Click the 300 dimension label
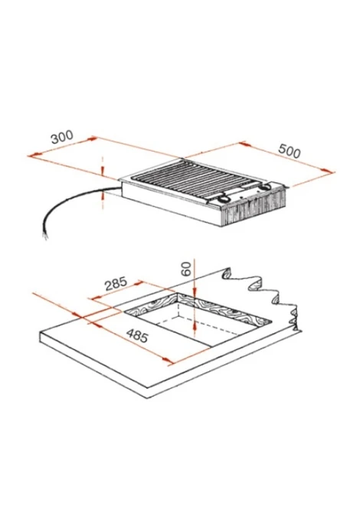[x=62, y=137]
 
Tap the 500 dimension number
[x=290, y=151]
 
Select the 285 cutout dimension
[x=116, y=283]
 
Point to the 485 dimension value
[x=137, y=335]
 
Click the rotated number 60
[x=186, y=270]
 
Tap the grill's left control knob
[x=224, y=198]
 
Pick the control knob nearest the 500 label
[x=264, y=188]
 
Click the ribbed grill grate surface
[x=193, y=180]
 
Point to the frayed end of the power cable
[x=46, y=236]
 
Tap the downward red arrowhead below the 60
[x=195, y=292]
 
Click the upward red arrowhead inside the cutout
[x=195, y=324]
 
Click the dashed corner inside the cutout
[x=178, y=316]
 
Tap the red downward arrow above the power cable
[x=103, y=171]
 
